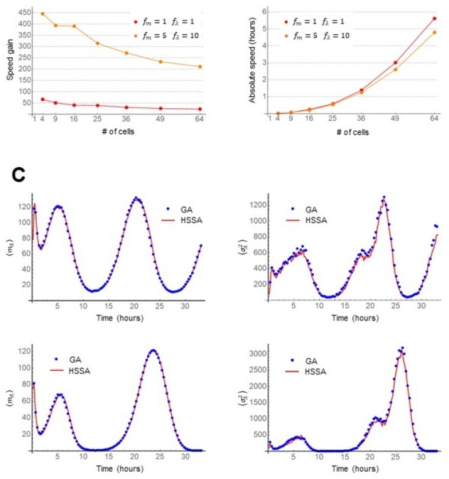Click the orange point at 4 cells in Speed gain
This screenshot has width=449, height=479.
point(42,13)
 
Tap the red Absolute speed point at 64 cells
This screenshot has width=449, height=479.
point(434,18)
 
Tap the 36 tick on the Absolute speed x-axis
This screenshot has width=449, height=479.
point(362,118)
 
